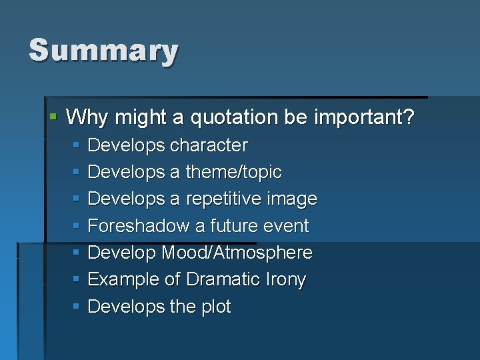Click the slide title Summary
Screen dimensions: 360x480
pos(103,51)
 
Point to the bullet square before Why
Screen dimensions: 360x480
pos(54,117)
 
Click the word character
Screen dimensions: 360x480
pos(209,145)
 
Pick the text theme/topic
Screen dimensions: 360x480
pos(233,172)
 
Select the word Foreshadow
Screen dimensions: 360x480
pos(139,226)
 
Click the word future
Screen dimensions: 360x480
pos(233,226)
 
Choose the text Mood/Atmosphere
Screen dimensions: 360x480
pos(237,253)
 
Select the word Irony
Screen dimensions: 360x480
pos(283,280)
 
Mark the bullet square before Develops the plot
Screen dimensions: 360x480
pos(76,306)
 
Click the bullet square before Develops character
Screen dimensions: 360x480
pos(76,145)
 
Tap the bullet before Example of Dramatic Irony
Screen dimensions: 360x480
pos(76,279)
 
